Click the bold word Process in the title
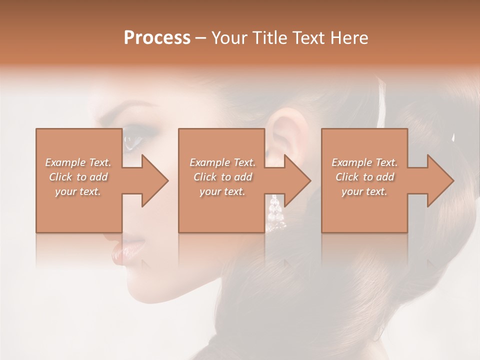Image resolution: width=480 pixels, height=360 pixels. (x=157, y=37)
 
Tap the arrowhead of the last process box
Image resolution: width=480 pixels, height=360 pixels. (x=439, y=180)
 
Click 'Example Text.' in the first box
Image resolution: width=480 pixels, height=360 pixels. (x=78, y=162)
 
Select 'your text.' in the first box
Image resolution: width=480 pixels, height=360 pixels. (x=78, y=191)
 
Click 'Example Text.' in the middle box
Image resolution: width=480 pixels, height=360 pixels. (x=222, y=162)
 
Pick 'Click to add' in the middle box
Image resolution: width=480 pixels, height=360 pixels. (x=222, y=177)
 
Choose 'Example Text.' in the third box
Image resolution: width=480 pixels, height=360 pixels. (x=364, y=162)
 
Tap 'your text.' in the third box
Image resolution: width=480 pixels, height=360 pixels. (x=364, y=191)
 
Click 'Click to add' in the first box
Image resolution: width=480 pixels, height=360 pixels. (x=78, y=177)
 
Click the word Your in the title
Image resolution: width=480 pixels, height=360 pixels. (x=227, y=37)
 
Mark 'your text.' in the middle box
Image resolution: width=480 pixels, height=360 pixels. (x=222, y=191)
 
